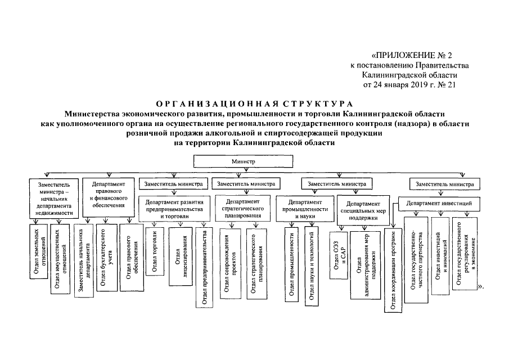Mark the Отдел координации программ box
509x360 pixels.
pyautogui.click(x=394, y=269)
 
